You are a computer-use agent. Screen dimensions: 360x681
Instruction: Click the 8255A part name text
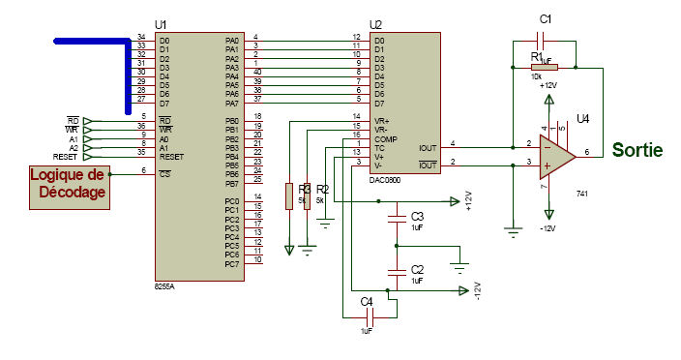point(164,287)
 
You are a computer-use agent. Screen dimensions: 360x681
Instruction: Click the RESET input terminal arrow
point(88,155)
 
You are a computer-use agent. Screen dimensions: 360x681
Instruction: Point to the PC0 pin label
point(231,200)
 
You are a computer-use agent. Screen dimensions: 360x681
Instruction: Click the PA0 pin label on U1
point(231,40)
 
